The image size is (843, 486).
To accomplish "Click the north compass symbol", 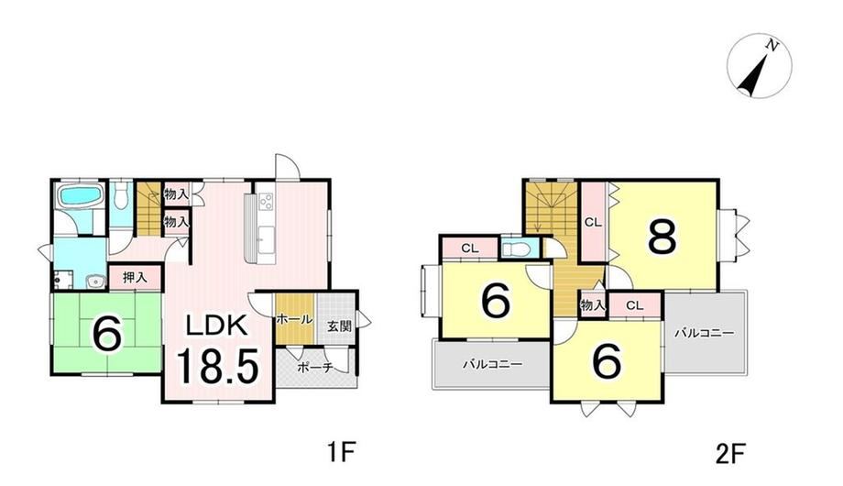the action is [759, 65].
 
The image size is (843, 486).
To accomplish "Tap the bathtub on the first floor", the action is [80, 194].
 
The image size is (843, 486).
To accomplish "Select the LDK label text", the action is [216, 326].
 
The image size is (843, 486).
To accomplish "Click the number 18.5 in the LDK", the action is [218, 366].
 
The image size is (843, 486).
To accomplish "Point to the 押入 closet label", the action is [135, 278].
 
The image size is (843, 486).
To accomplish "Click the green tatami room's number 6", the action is [106, 334].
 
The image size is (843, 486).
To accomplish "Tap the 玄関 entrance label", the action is [340, 326].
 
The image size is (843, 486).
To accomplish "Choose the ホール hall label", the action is [294, 319].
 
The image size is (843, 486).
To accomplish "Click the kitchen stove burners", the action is [266, 202].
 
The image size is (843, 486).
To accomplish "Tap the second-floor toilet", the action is [516, 249].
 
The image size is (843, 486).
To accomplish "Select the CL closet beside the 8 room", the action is [593, 222].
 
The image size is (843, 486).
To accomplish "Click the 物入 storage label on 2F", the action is [593, 305].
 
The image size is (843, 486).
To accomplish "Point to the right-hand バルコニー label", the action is [705, 333].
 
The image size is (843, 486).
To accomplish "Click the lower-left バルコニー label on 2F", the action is [493, 364].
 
